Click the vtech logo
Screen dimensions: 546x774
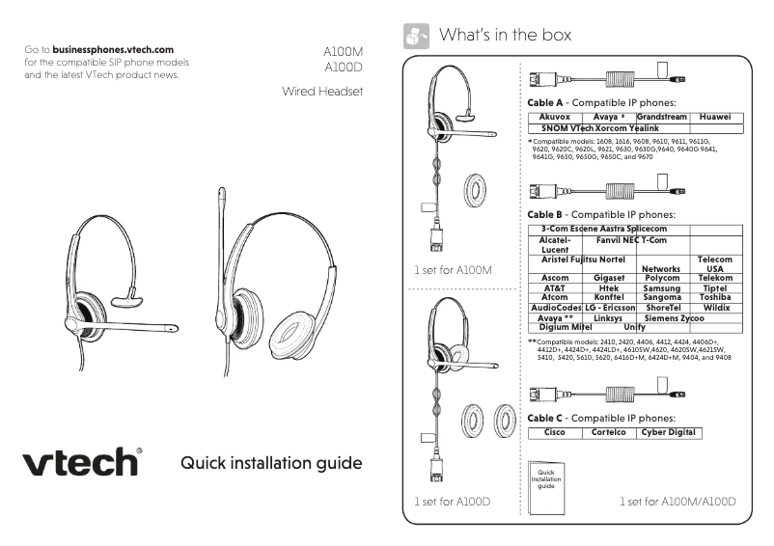(82, 461)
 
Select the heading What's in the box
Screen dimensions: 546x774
(505, 36)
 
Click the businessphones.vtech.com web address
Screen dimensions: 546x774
(113, 49)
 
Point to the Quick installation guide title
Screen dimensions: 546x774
(271, 463)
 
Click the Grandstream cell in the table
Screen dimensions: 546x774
(661, 117)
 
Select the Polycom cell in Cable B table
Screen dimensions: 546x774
(661, 278)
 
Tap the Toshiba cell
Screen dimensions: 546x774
(715, 297)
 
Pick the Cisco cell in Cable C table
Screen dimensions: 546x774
(555, 432)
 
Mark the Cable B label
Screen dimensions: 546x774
(544, 214)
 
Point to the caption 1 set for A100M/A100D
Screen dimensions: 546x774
(677, 502)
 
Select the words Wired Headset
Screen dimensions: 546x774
(321, 92)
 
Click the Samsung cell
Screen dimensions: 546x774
(661, 287)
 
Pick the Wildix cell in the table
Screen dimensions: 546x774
(715, 307)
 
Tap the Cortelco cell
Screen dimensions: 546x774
(609, 432)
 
